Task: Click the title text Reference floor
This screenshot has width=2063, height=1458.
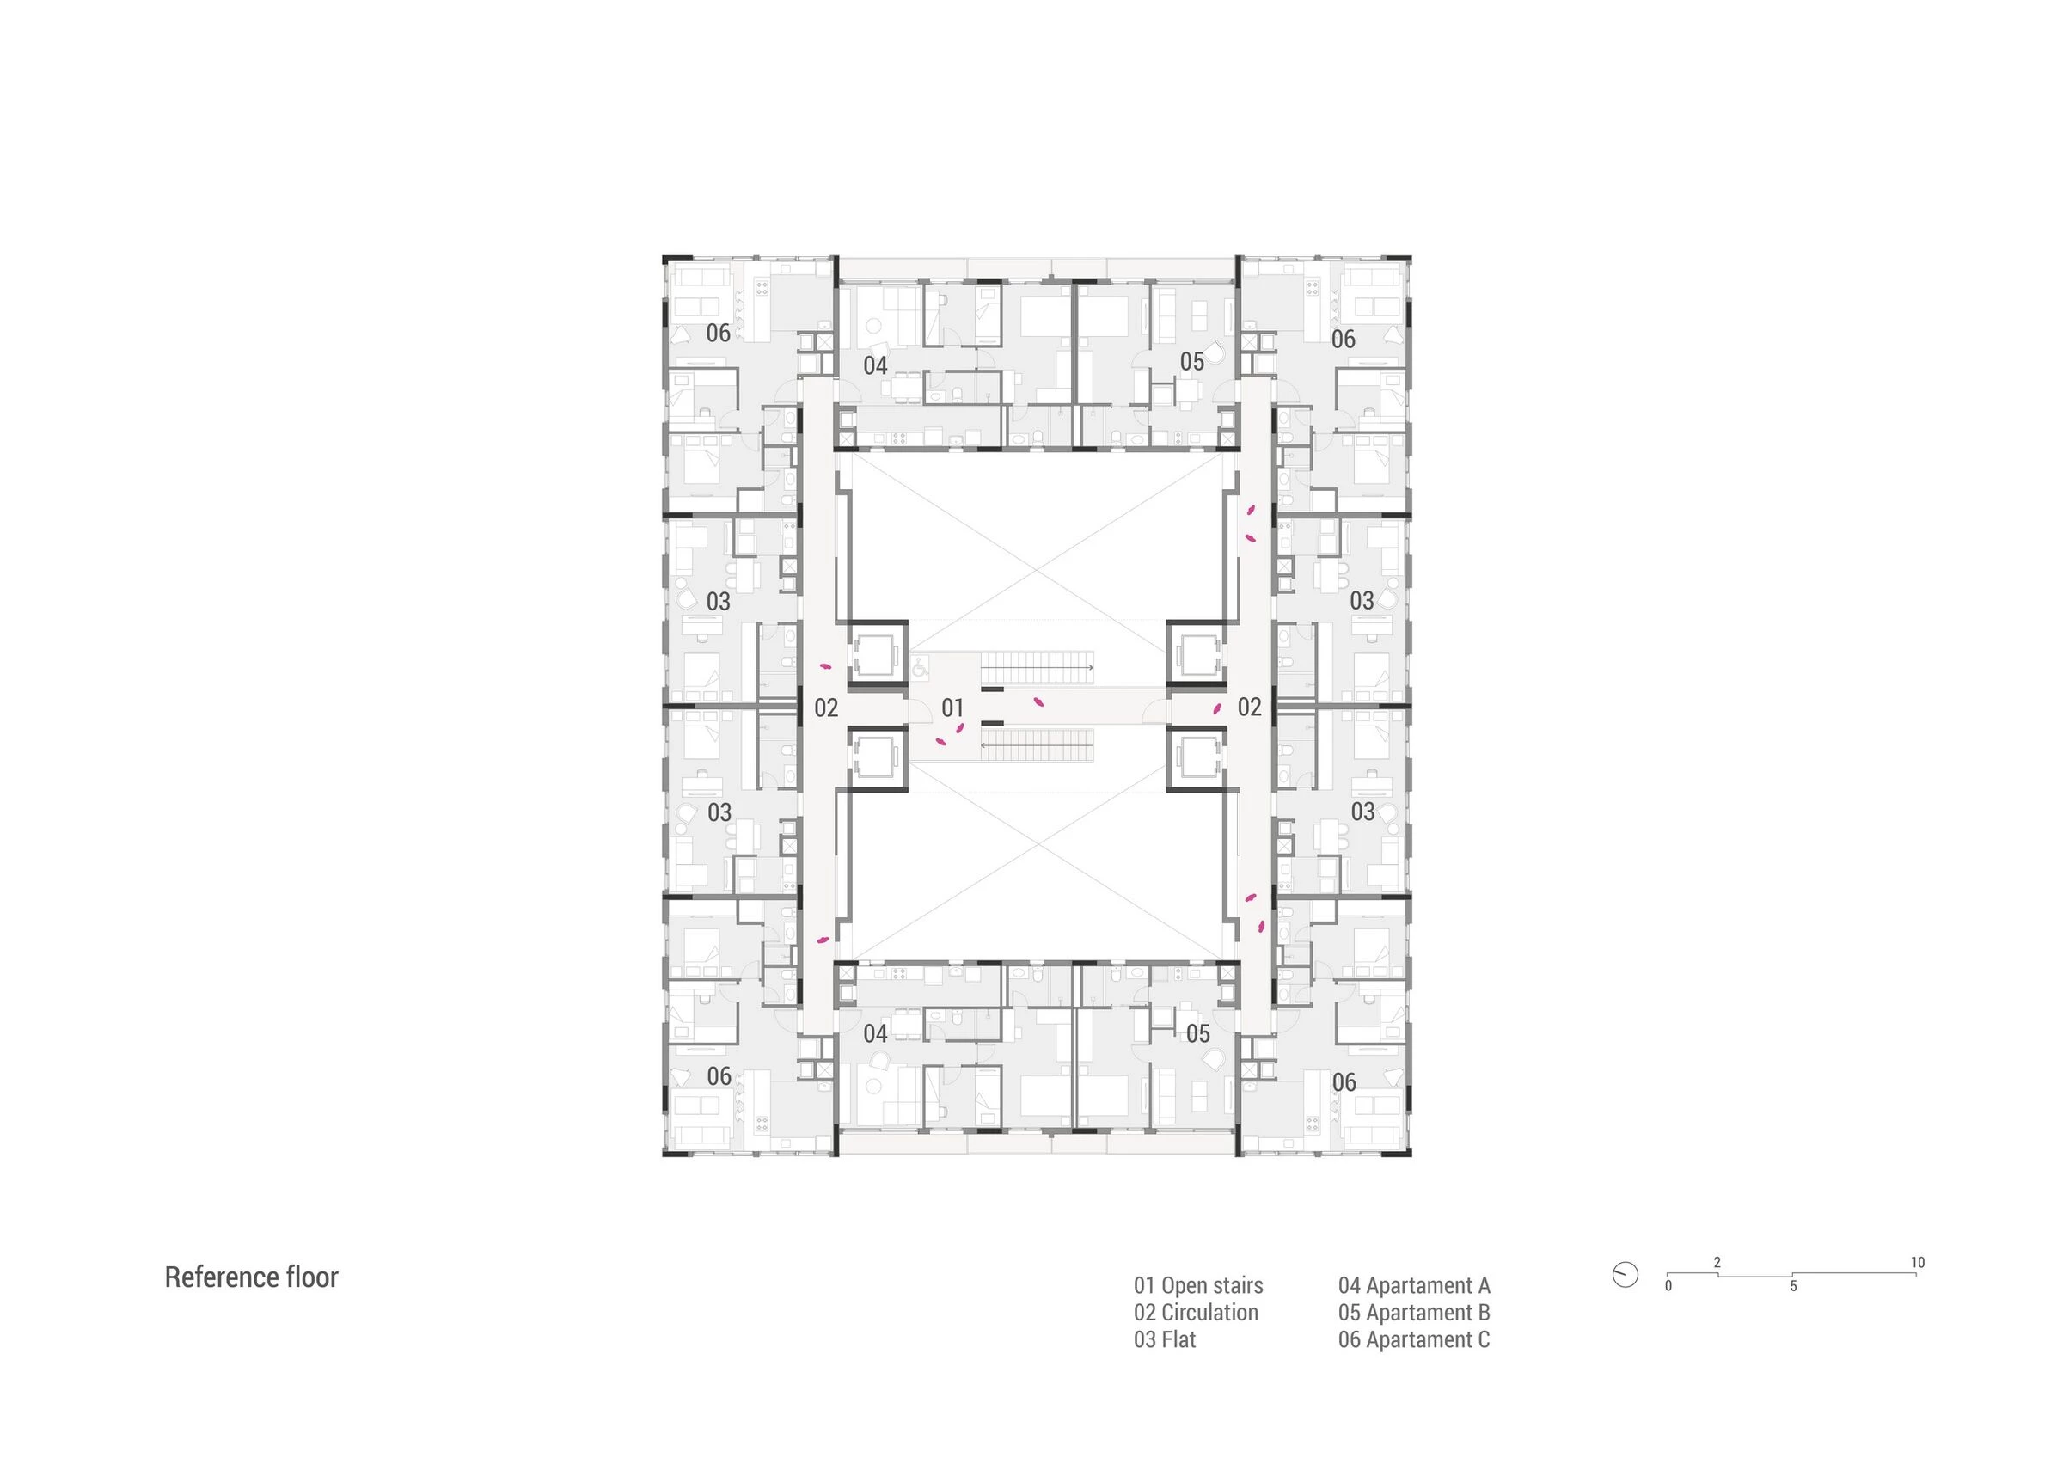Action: click(251, 1277)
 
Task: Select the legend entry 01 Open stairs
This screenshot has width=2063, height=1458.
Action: click(1197, 1285)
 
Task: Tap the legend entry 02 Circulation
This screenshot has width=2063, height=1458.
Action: click(1195, 1313)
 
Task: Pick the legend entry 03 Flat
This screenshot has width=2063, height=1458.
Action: click(1165, 1339)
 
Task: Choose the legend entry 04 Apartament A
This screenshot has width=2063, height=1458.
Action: click(1413, 1285)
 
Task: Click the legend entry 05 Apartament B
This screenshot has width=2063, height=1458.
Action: click(1413, 1313)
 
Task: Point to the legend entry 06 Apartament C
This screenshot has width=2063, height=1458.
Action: click(1413, 1339)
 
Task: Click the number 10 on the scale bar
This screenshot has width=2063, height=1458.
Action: click(1918, 1262)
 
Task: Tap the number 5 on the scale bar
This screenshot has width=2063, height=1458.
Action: click(1793, 1286)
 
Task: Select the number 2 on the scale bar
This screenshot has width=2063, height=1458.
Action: click(1717, 1262)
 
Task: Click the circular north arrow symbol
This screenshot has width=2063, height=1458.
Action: click(1625, 1274)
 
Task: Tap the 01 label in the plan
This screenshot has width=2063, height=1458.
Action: click(952, 708)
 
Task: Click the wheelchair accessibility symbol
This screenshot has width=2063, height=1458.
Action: click(920, 667)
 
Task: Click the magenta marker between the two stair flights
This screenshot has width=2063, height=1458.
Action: click(1038, 701)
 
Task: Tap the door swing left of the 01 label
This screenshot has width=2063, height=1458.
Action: click(917, 712)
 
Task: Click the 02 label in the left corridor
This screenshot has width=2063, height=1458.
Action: click(826, 708)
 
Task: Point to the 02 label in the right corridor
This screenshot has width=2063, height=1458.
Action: click(1249, 707)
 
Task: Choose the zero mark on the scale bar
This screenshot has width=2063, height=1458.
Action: click(1668, 1285)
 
